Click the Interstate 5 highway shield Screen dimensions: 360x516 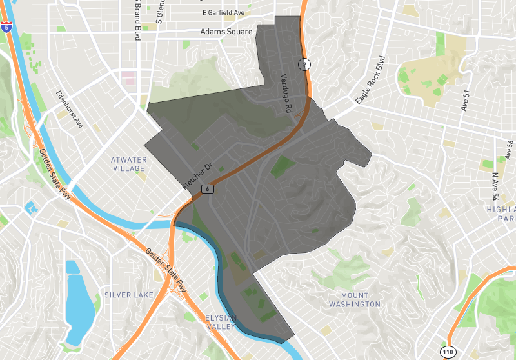tap(6, 26)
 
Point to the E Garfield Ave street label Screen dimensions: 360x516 tap(224, 12)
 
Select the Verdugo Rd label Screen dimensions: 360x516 tap(285, 94)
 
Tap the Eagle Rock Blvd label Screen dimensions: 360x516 tap(374, 84)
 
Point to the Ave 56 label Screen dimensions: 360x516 tap(510, 150)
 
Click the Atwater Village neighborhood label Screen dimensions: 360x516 tap(128, 164)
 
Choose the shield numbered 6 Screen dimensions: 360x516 tap(207, 188)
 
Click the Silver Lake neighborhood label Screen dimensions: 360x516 tap(129, 295)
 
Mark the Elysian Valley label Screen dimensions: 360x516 tap(221, 323)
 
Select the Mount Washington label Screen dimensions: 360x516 tap(355, 300)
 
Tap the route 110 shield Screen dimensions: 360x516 tap(448, 352)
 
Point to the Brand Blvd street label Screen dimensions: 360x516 tap(137, 19)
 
